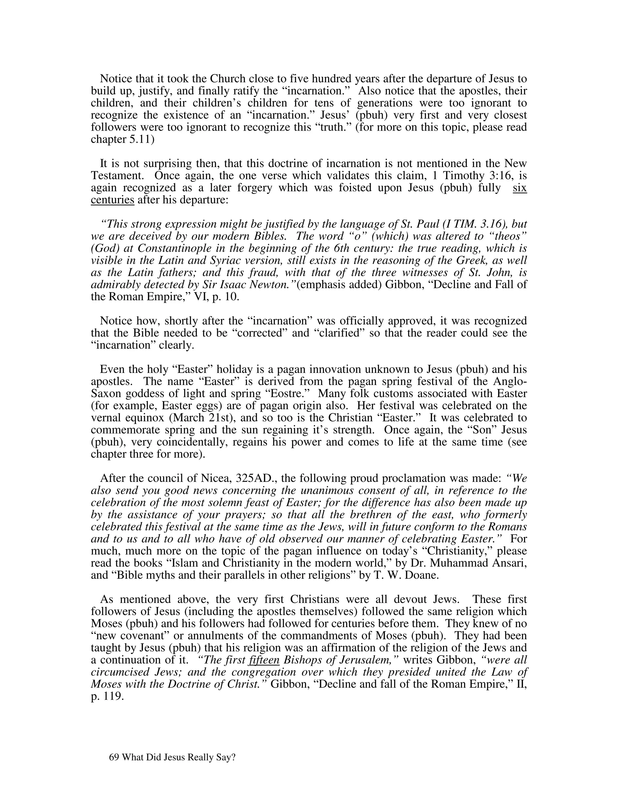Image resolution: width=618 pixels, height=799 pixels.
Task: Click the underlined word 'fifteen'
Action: [x=264, y=660]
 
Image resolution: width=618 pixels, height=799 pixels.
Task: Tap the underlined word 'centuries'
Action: [x=112, y=200]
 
